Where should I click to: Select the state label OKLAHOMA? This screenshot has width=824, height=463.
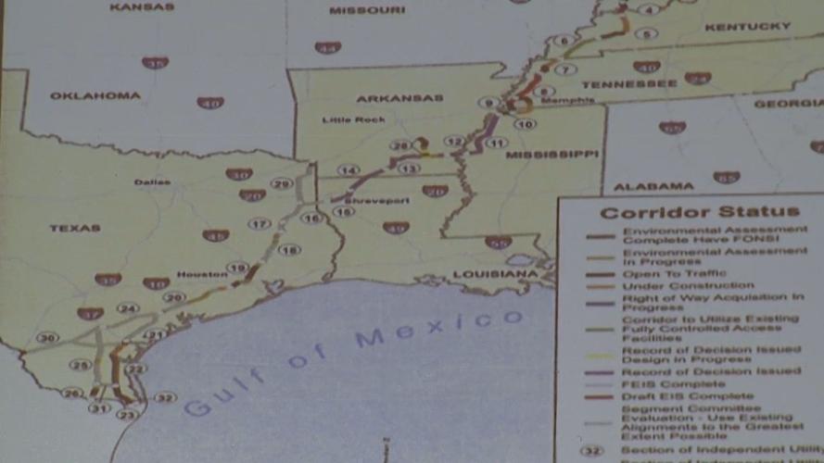tap(95, 95)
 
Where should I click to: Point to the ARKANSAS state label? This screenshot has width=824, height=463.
tap(400, 97)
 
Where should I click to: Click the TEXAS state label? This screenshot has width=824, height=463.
tap(75, 228)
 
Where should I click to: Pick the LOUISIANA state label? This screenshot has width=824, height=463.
tap(495, 275)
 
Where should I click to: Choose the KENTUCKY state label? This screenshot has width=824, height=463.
tap(747, 27)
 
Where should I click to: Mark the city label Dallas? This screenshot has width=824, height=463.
tap(152, 181)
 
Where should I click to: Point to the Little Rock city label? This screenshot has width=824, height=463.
tap(346, 119)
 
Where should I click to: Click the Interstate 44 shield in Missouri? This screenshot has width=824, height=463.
tap(327, 47)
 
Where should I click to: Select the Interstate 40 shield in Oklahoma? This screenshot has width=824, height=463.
tap(210, 103)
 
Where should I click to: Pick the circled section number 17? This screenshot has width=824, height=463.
tap(260, 224)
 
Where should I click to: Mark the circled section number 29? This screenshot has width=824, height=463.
tap(282, 183)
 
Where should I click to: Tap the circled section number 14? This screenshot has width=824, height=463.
tap(348, 170)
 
